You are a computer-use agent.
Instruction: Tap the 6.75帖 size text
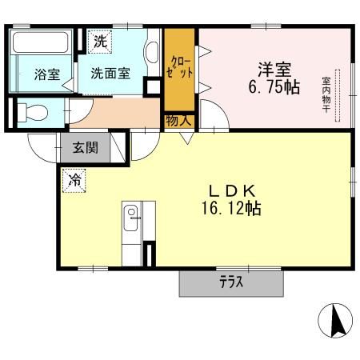point(272,86)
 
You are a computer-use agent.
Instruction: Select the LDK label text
point(232,191)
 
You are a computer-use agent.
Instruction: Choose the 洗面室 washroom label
point(110,74)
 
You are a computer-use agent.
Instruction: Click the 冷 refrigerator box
point(74,178)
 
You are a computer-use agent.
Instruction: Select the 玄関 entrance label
point(86,147)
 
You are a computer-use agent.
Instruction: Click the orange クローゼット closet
point(180,68)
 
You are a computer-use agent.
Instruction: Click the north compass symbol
point(336,322)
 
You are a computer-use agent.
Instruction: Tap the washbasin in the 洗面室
point(151,53)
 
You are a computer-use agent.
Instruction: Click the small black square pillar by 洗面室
point(150,89)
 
